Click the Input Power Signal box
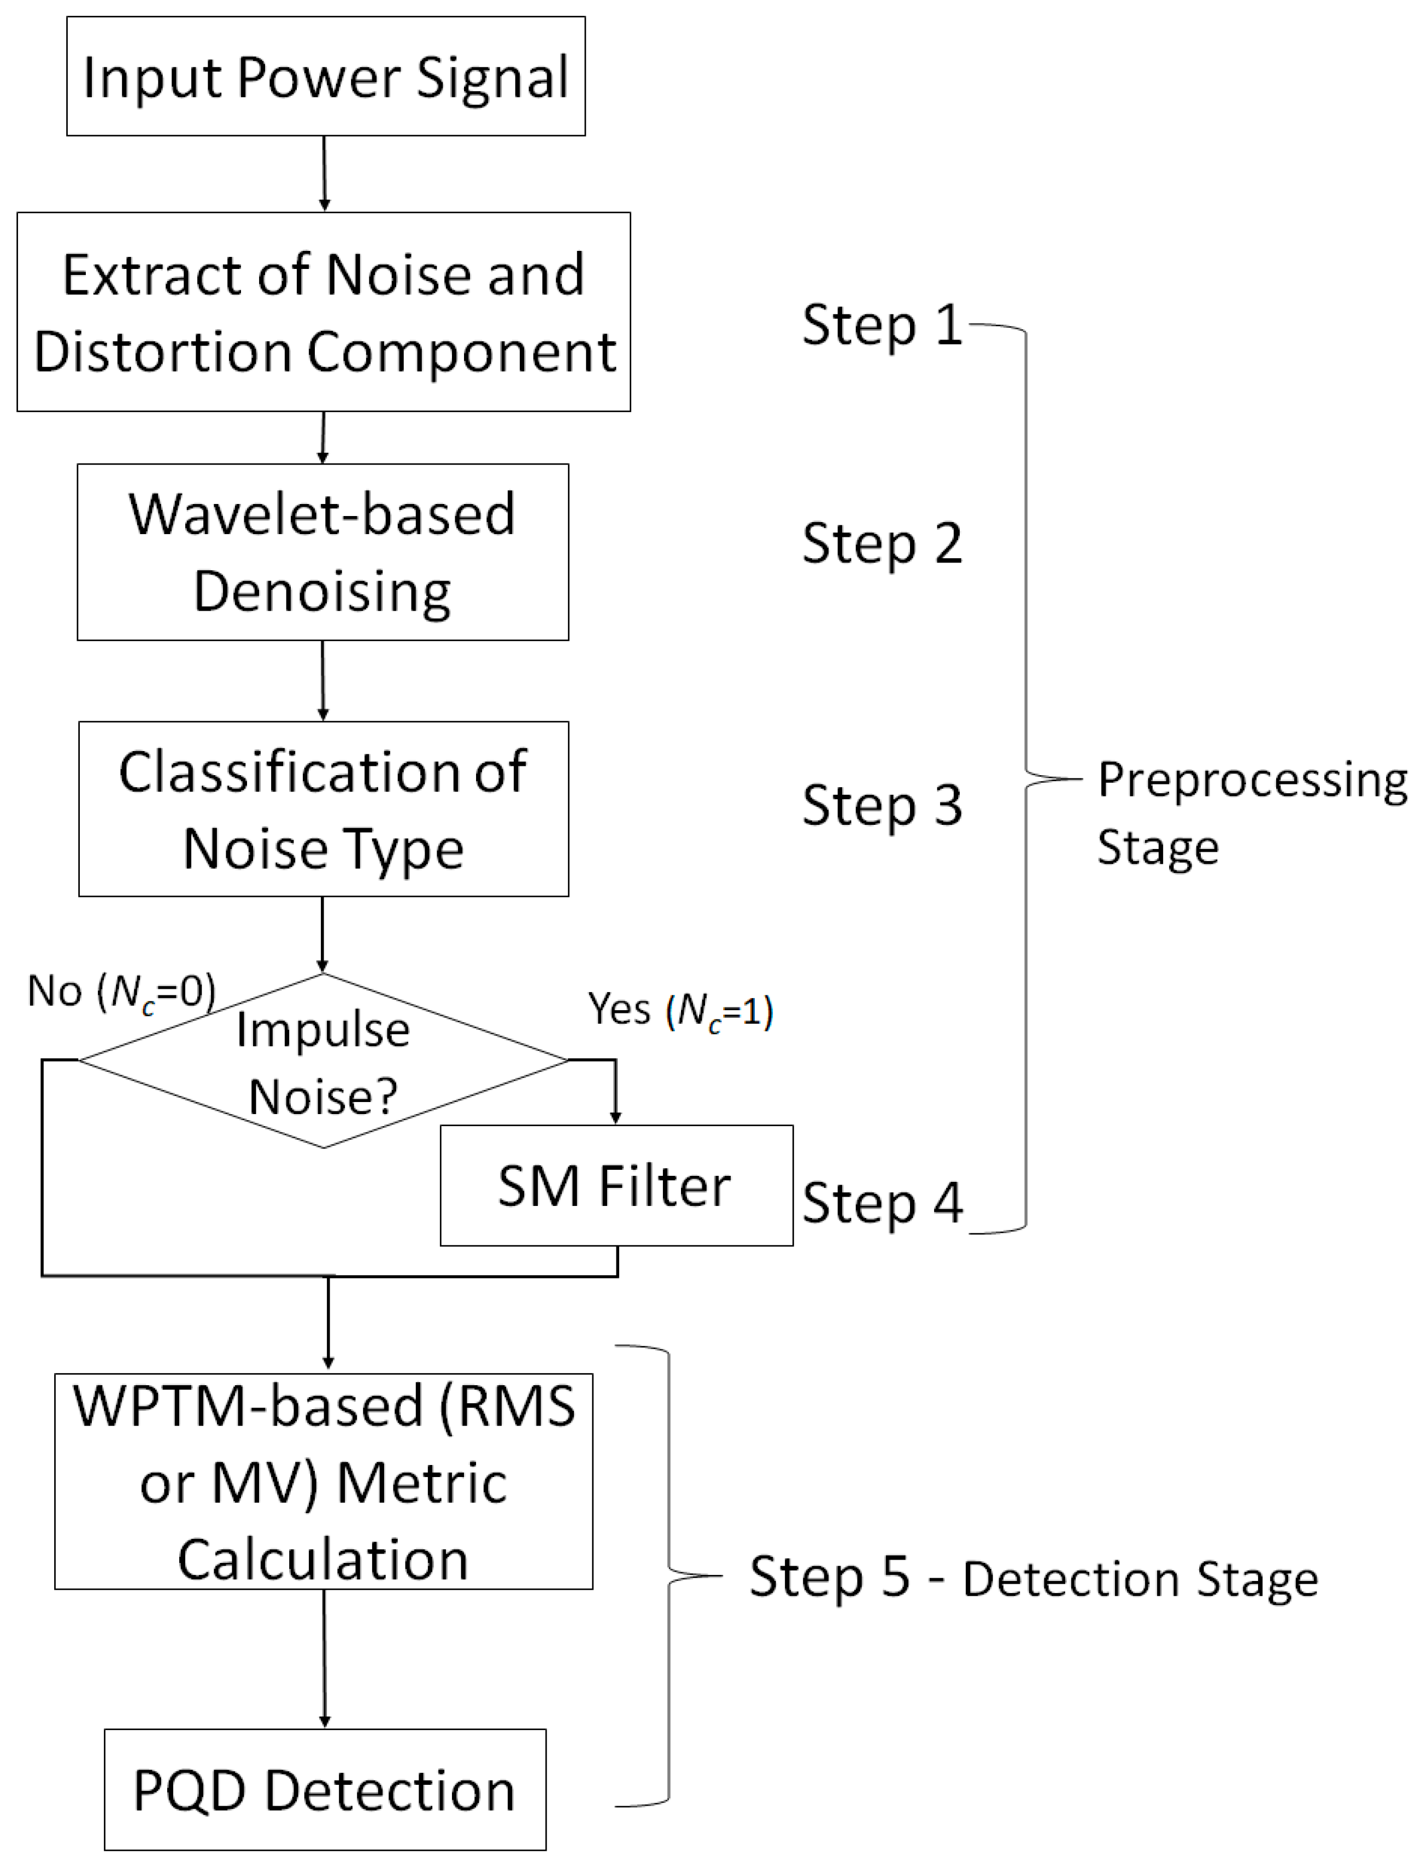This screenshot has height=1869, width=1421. coord(326,76)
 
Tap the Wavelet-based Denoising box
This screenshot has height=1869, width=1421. coord(322,552)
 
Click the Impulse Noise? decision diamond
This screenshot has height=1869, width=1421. coord(323,1061)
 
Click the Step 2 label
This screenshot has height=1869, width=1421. coord(882,543)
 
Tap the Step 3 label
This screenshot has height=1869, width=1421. coord(882,805)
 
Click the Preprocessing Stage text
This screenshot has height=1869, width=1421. coord(1250,812)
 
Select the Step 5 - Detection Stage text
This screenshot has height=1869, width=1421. coord(1033,1578)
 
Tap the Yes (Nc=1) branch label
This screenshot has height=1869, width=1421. coord(680,1009)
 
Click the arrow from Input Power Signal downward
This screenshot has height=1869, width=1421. coord(324,173)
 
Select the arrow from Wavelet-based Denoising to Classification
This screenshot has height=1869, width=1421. coord(322,680)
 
